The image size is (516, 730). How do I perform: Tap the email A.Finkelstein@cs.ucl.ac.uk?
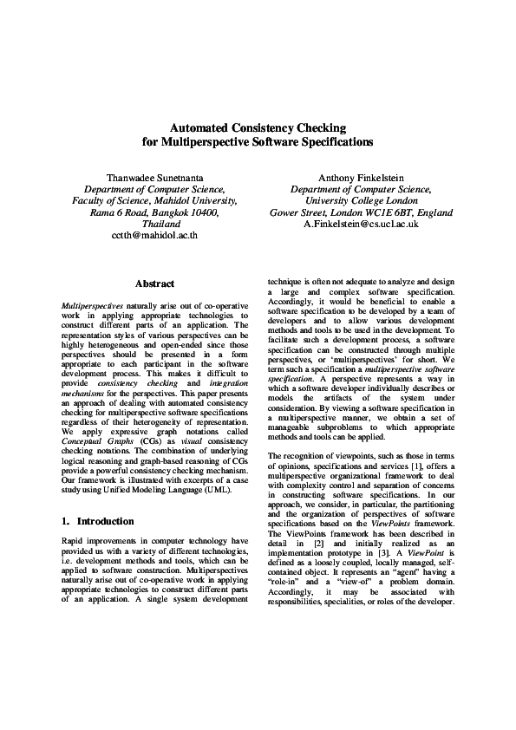[x=361, y=224]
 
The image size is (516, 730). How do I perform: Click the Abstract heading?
[x=155, y=284]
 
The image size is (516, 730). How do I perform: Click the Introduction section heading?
[x=102, y=522]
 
